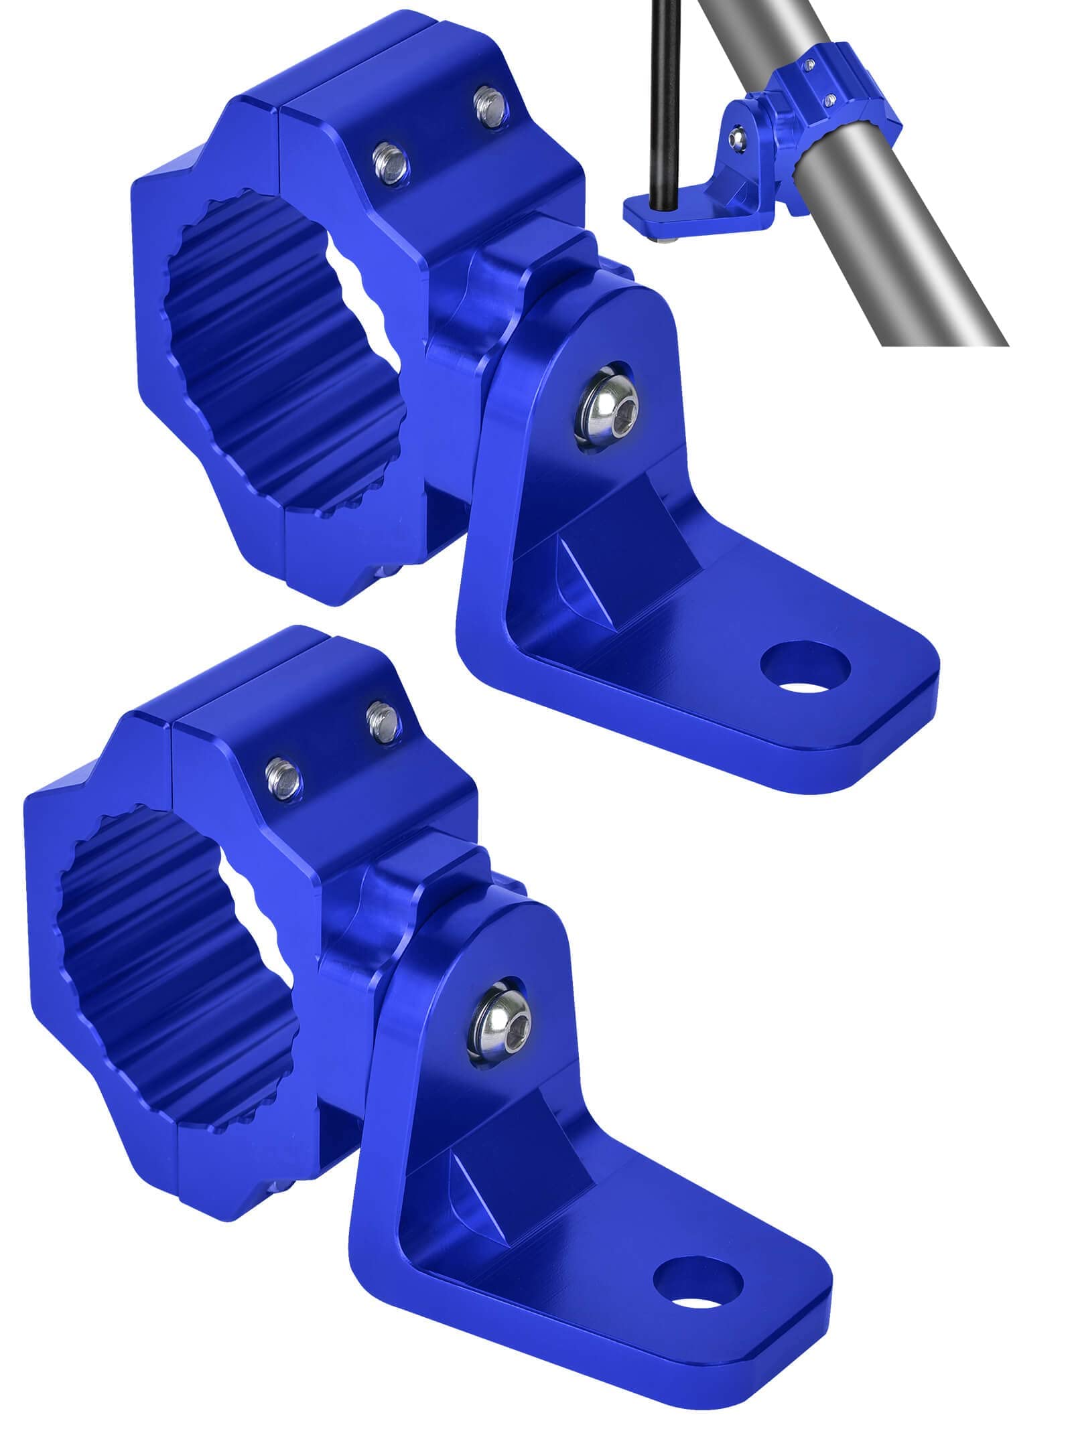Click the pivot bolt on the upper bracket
606,408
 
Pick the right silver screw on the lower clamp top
383,721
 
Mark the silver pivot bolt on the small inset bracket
738,136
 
